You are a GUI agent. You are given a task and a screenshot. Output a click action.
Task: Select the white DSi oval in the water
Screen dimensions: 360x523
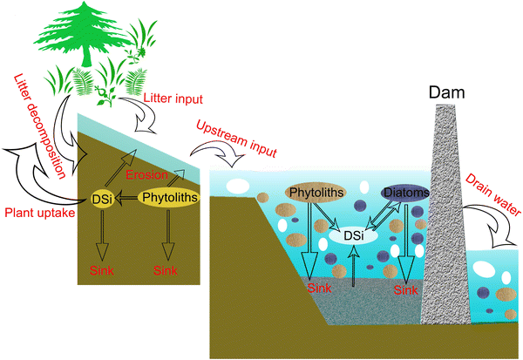point(352,234)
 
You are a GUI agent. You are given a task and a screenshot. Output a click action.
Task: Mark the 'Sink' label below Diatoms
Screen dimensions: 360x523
point(406,289)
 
